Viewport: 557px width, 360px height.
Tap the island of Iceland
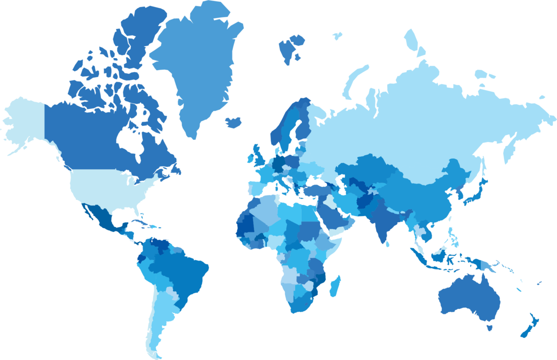233,122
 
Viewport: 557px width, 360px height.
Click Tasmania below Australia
489,327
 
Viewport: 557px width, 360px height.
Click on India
383,218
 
